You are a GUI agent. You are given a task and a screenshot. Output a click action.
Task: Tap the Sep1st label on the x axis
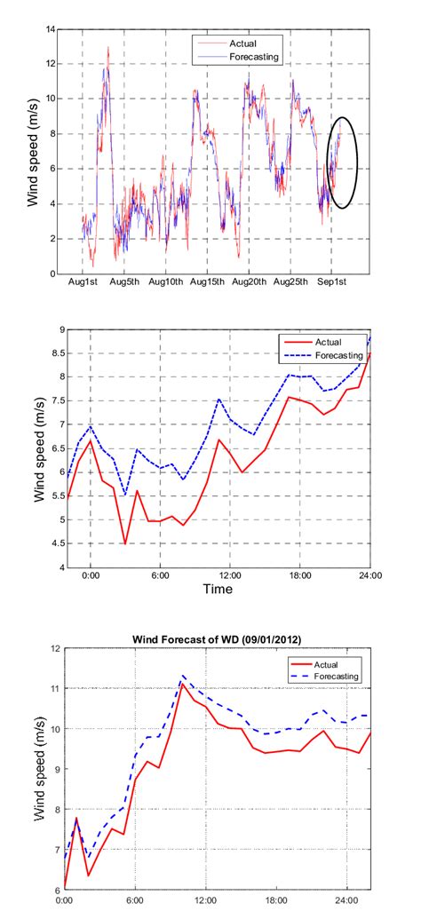click(x=335, y=283)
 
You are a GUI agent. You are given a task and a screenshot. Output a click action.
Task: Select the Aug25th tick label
click(x=291, y=283)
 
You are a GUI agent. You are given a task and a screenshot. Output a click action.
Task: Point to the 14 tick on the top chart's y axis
click(x=53, y=29)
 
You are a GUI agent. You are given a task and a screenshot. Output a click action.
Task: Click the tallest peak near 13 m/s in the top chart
click(x=108, y=48)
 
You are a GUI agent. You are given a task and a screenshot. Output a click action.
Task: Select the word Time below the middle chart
click(x=217, y=590)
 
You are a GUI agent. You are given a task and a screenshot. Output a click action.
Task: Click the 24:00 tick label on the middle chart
click(x=369, y=576)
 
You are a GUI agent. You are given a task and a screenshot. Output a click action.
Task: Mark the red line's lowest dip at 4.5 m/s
click(x=125, y=543)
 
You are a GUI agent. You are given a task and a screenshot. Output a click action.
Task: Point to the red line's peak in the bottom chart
click(x=182, y=683)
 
